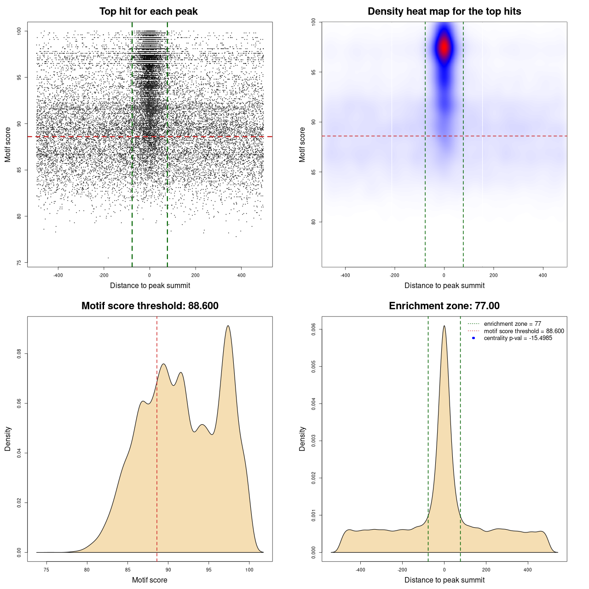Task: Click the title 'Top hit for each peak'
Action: coord(148,12)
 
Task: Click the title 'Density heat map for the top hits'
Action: coord(444,12)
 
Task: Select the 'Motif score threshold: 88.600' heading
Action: coord(150,306)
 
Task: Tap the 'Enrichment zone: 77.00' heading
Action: coord(444,306)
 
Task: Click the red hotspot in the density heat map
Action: coord(444,47)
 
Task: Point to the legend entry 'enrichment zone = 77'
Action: coord(512,324)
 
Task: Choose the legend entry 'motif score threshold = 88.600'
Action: coord(524,331)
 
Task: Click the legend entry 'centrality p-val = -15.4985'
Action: coord(518,338)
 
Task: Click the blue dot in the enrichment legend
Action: coord(474,338)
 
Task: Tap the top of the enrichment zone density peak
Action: coord(444,326)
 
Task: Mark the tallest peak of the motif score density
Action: coord(228,326)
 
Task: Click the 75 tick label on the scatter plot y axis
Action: coord(19,263)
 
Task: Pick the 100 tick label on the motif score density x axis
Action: coord(249,570)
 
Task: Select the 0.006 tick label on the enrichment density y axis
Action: coord(313,329)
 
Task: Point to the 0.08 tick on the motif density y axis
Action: coord(19,353)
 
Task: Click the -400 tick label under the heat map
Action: coord(345,275)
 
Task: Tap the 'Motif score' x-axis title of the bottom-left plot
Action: coord(150,580)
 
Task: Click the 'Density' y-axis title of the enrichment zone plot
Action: coord(302,439)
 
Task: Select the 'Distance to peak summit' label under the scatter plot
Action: coord(150,285)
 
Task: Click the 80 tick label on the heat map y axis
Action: coord(313,222)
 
